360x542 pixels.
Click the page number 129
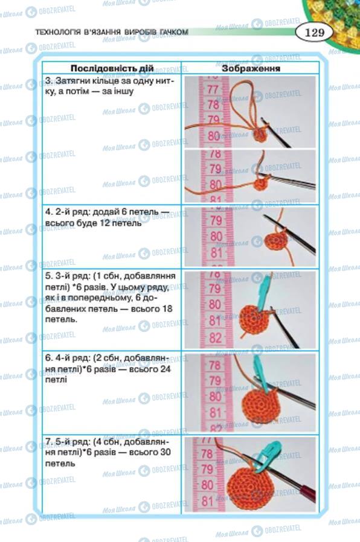pyautogui.click(x=315, y=33)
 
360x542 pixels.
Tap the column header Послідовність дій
pyautogui.click(x=112, y=68)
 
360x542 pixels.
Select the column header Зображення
pyautogui.click(x=251, y=68)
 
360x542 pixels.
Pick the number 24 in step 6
pyautogui.click(x=166, y=369)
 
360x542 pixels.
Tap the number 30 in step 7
pyautogui.click(x=165, y=452)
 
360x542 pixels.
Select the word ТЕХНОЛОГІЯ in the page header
pyautogui.click(x=58, y=32)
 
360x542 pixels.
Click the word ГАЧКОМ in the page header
pyautogui.click(x=175, y=32)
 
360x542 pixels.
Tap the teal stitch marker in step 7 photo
pyautogui.click(x=268, y=455)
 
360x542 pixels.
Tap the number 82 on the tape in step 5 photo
pyautogui.click(x=215, y=337)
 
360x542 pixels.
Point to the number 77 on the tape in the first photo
pyautogui.click(x=213, y=89)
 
